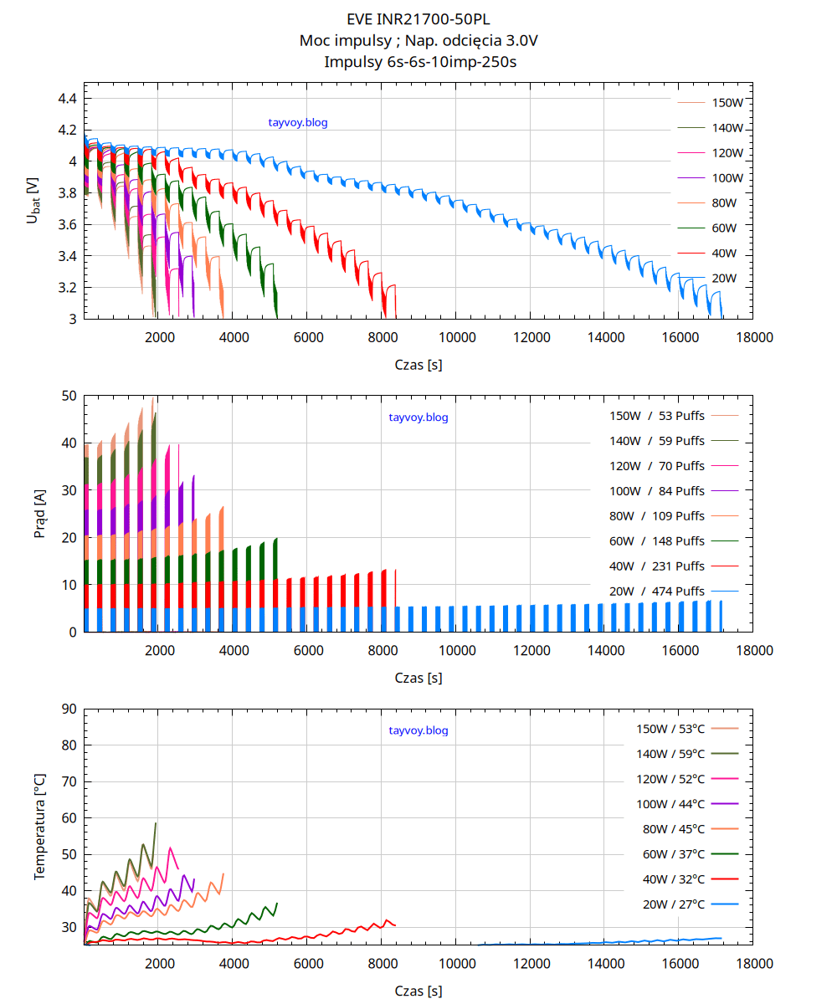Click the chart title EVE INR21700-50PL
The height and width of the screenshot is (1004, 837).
(x=418, y=18)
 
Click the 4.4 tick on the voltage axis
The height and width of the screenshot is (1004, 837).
(x=67, y=99)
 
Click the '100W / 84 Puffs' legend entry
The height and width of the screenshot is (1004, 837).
(x=657, y=491)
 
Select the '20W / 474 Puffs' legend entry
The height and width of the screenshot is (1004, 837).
(x=657, y=592)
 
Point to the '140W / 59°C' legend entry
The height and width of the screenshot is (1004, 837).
(x=670, y=754)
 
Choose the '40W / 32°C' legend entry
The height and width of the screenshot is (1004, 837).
(x=674, y=879)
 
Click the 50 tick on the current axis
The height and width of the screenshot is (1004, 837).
(x=69, y=396)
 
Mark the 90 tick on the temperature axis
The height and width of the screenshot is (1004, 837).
(x=69, y=709)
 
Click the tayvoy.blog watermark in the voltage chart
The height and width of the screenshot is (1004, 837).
(x=298, y=123)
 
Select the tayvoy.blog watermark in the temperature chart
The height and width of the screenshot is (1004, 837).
(x=418, y=730)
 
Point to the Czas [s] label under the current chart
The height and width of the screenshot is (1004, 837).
(x=418, y=678)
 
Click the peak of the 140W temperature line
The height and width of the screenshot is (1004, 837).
(x=156, y=823)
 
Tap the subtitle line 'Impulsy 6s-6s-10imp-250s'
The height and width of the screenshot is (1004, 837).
(x=418, y=61)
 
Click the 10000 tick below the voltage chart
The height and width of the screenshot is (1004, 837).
(x=455, y=337)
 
